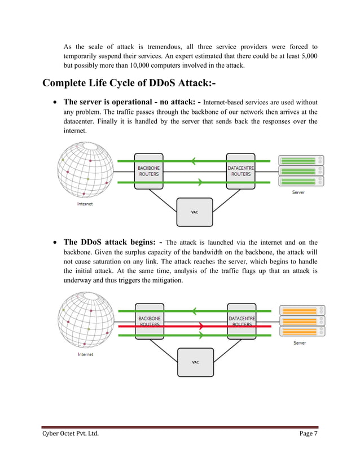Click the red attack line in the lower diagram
[169, 326]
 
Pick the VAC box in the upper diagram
[195, 212]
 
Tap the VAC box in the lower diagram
[195, 362]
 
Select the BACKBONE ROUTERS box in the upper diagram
[148, 171]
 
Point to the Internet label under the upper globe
[85, 204]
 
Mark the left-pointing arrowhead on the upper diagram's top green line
[194, 161]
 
